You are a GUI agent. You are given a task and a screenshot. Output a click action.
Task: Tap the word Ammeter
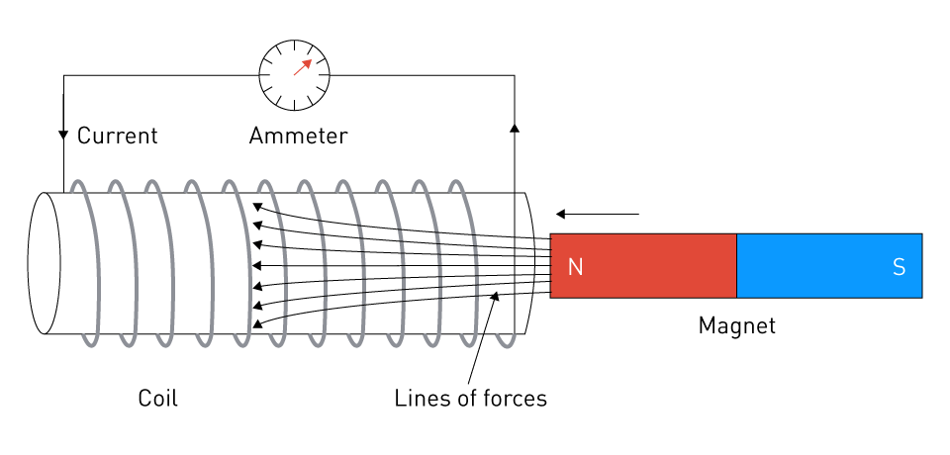pos(298,136)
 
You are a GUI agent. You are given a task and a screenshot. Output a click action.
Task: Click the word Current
pos(117,136)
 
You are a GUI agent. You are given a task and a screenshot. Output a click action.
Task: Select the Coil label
pos(157,399)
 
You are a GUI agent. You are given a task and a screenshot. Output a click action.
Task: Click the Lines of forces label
pos(470,399)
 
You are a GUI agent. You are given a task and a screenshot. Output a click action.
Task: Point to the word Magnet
pos(736,325)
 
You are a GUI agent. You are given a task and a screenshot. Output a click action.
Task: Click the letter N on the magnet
pos(575,267)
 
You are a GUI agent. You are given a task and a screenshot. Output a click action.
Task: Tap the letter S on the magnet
pos(899,267)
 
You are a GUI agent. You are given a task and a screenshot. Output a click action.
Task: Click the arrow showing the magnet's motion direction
pos(597,214)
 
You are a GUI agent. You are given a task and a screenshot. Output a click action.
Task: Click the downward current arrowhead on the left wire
pos(63,135)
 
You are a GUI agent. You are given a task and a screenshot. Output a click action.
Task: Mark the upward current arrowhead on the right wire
pos(514,128)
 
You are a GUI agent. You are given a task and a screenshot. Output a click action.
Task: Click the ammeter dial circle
pos(294,74)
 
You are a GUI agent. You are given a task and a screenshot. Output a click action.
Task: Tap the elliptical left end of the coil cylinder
pos(44,263)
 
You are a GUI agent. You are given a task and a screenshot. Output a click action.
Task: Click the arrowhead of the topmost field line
pos(256,207)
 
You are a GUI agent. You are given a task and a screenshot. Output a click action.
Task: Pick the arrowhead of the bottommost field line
pos(257,323)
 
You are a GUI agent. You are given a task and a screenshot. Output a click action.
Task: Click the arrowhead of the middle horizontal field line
pos(256,265)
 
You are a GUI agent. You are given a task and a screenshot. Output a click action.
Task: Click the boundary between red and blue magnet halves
pos(736,265)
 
